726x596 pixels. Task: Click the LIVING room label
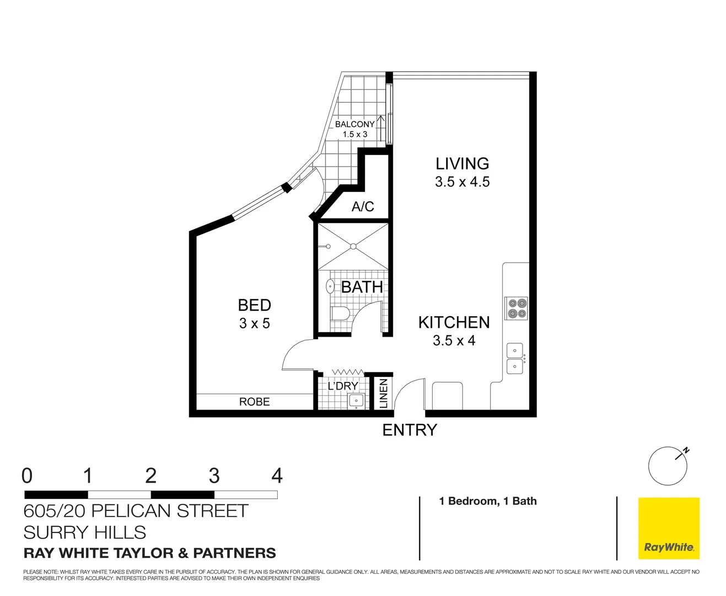pos(462,163)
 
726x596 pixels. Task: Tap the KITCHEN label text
pos(454,322)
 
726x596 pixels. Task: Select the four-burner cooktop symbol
pos(517,308)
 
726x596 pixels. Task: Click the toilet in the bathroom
pos(340,313)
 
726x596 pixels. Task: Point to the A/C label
pos(363,206)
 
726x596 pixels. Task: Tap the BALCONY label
pos(354,124)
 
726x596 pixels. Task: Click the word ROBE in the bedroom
pos(254,402)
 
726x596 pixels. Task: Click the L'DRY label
pos(343,386)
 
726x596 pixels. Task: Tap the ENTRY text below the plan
pos(410,430)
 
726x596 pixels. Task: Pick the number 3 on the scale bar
pos(214,475)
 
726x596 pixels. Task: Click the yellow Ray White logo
pos(669,528)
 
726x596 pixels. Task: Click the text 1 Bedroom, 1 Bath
pos(488,501)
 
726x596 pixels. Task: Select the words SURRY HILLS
pos(85,533)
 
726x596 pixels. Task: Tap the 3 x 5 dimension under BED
pos(254,323)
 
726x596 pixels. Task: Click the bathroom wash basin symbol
pos(330,286)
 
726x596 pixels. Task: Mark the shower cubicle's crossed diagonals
pos(353,246)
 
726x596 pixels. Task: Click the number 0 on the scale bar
pos(27,475)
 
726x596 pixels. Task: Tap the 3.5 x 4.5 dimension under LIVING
pos(462,182)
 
